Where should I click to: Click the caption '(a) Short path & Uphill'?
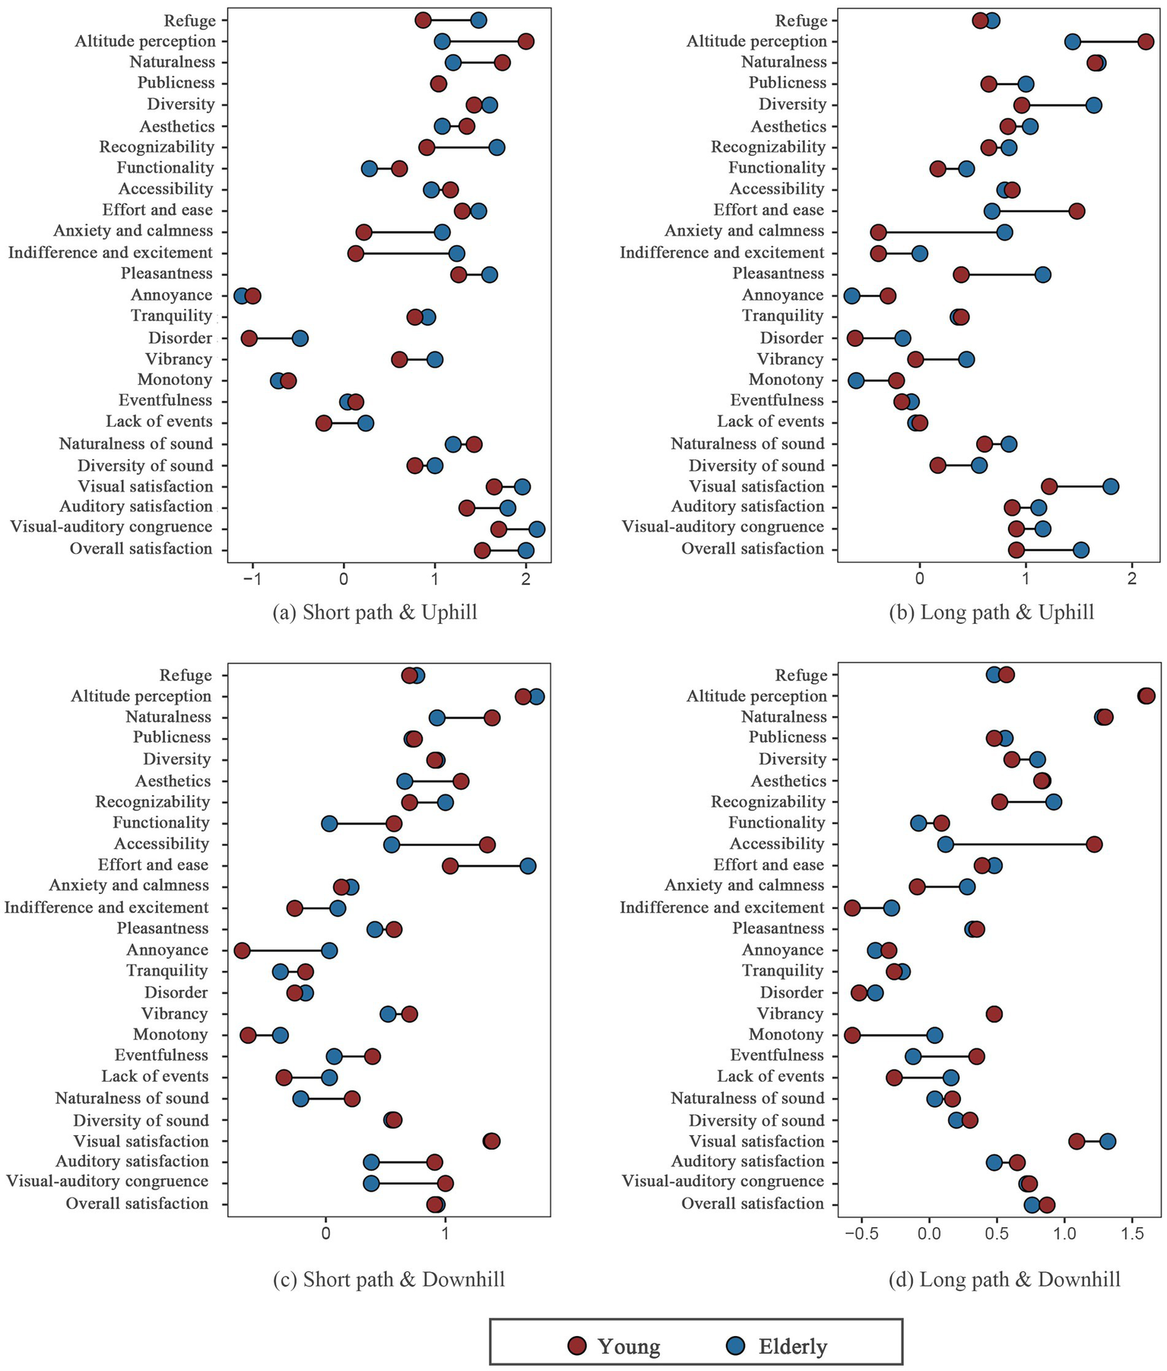(375, 612)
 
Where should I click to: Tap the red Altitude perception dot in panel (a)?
(525, 41)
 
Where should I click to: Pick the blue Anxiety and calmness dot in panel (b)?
(1004, 231)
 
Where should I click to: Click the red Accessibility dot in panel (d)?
(1094, 844)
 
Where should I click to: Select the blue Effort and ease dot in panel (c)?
(528, 865)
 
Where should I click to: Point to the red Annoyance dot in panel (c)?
(242, 950)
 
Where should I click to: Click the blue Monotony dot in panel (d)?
(934, 1035)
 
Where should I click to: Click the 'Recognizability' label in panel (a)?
(157, 147)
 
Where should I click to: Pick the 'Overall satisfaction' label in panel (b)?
(752, 549)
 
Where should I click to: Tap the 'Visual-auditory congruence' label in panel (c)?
(106, 1182)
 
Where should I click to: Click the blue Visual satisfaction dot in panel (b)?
(1110, 486)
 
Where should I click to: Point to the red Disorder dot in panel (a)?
(249, 338)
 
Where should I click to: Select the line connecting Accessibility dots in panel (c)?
(439, 845)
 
